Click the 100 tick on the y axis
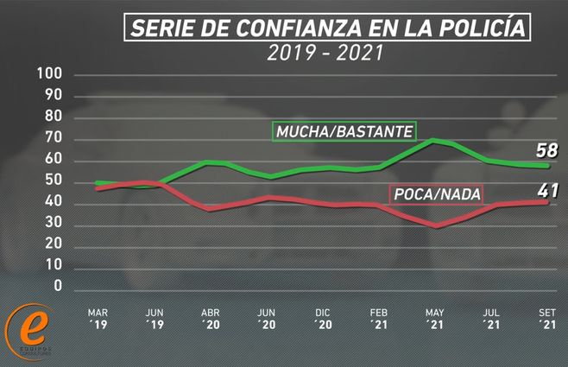50,74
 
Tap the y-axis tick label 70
54,138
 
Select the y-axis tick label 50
54,180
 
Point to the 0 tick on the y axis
58,286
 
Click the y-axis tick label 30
54,223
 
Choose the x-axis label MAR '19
98,319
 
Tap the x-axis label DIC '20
323,319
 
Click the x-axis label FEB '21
380,319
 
